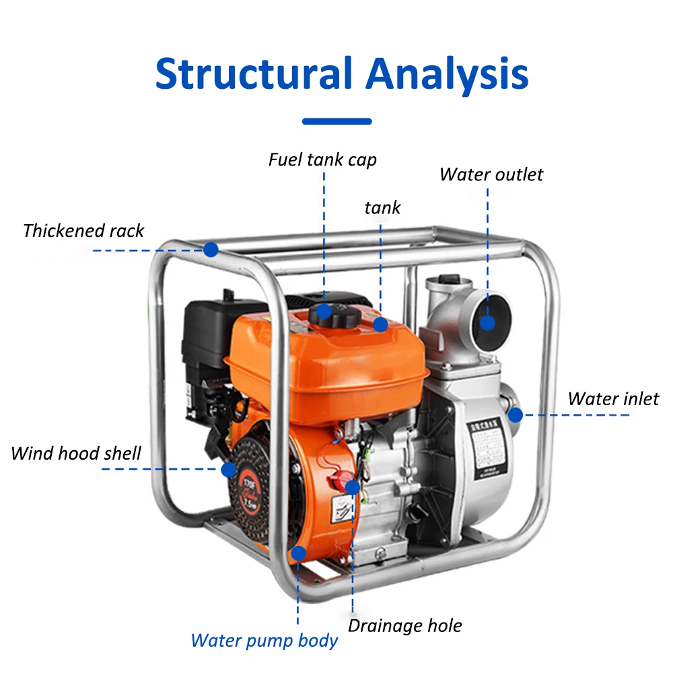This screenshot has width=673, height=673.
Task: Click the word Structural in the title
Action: (254, 74)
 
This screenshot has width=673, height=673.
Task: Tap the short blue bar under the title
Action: (336, 122)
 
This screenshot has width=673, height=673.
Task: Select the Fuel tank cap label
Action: (322, 160)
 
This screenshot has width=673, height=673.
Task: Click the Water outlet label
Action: (491, 174)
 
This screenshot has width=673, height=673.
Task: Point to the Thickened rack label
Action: (83, 231)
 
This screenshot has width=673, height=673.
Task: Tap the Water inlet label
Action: (612, 398)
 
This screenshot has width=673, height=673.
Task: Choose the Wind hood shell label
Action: (75, 453)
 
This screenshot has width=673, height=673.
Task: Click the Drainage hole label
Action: (404, 626)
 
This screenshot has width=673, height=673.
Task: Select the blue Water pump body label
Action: (264, 640)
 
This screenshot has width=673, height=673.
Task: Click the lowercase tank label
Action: (382, 207)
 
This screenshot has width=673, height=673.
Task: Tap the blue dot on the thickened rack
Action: (211, 250)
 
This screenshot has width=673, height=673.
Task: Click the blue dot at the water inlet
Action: (516, 415)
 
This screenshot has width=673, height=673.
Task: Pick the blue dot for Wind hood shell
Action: (229, 469)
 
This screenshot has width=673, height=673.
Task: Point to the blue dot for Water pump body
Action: (299, 553)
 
